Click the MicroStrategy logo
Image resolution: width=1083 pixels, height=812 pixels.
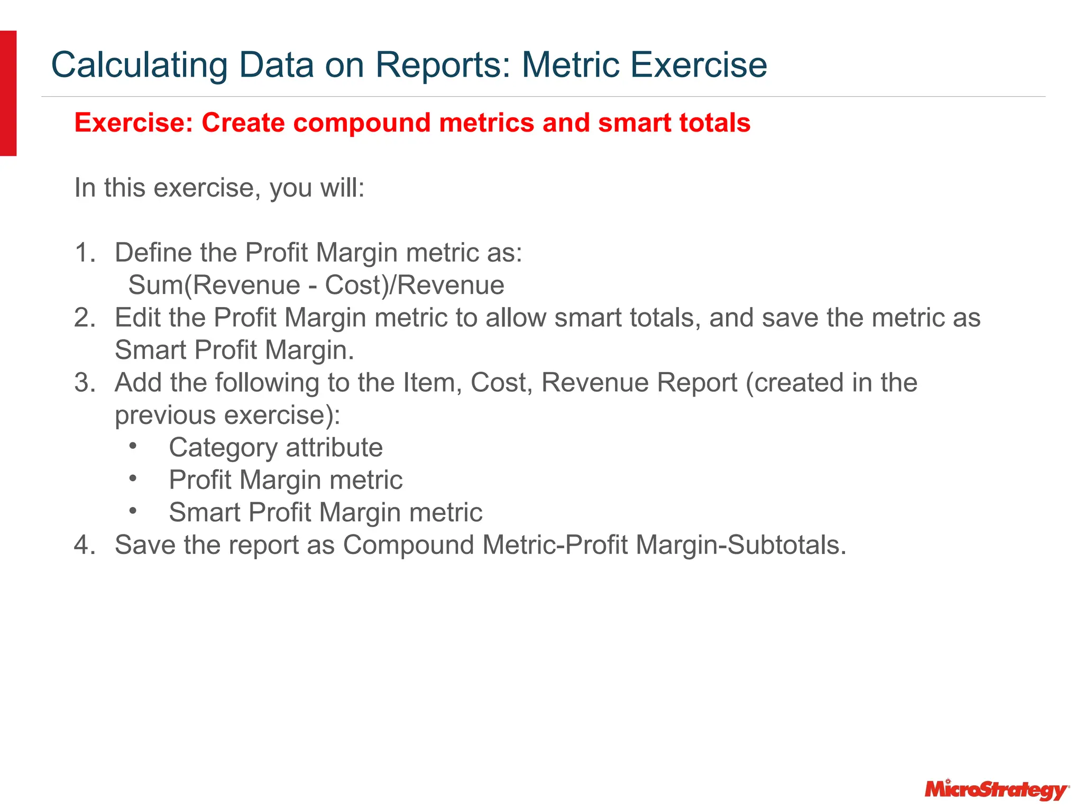pyautogui.click(x=996, y=790)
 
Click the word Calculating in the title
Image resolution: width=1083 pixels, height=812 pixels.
pyautogui.click(x=139, y=66)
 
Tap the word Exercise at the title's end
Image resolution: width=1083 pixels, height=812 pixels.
pyautogui.click(x=699, y=66)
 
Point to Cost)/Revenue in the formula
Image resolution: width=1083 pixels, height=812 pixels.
pyautogui.click(x=414, y=285)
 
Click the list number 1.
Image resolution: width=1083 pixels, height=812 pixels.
pyautogui.click(x=84, y=253)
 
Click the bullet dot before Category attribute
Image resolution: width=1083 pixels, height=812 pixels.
pyautogui.click(x=133, y=447)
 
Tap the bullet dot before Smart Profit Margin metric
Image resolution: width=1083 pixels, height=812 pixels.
pyautogui.click(x=133, y=511)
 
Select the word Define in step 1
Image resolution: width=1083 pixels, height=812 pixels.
pyautogui.click(x=153, y=253)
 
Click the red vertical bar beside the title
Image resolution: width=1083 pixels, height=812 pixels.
pyautogui.click(x=8, y=93)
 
